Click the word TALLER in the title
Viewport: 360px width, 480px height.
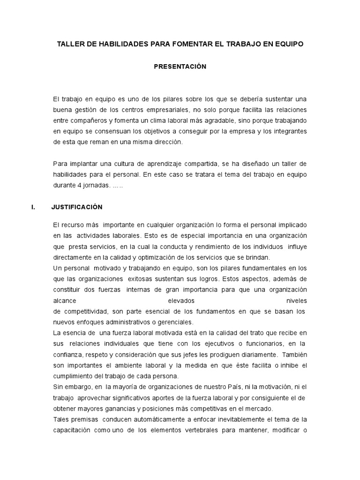click(x=69, y=44)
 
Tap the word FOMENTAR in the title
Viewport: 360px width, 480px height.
click(x=185, y=44)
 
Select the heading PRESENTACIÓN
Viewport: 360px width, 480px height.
click(x=180, y=67)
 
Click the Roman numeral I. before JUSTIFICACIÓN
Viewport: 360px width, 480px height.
click(x=33, y=207)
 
